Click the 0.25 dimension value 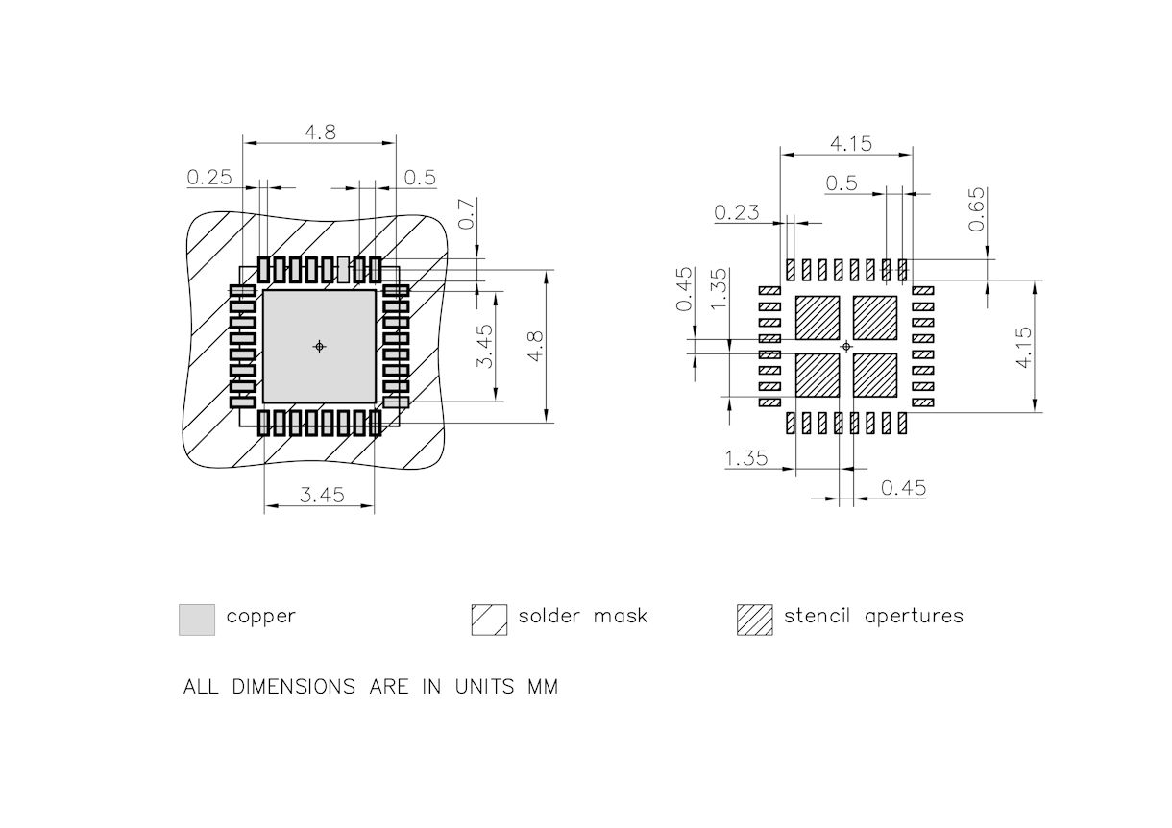(x=209, y=177)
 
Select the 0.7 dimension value (x=466, y=213)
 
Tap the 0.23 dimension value (x=736, y=212)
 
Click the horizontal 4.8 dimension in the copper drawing (x=320, y=133)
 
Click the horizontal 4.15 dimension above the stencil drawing (x=850, y=143)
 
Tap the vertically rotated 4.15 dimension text (x=1022, y=347)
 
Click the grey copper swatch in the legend (x=196, y=620)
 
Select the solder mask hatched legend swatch (x=489, y=620)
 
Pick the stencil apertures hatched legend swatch (x=754, y=620)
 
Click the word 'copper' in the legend (x=260, y=617)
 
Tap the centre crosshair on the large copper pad (x=320, y=346)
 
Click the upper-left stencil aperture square (x=818, y=317)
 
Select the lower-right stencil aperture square (x=875, y=376)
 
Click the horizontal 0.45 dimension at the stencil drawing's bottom (x=903, y=488)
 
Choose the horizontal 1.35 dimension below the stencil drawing (x=746, y=458)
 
